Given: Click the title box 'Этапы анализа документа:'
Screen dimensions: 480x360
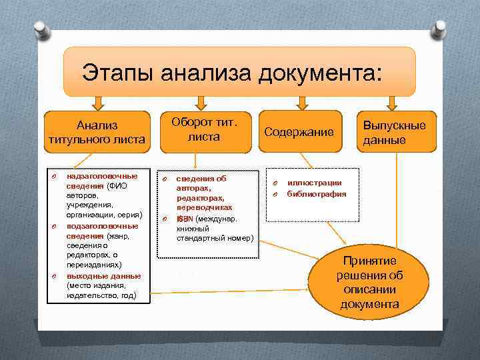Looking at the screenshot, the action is point(239,71).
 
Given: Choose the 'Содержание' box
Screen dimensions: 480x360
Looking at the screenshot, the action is point(299,132).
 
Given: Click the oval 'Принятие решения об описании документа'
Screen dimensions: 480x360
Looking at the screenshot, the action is point(369,283).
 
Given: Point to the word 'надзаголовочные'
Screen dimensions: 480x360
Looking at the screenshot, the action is point(102,177).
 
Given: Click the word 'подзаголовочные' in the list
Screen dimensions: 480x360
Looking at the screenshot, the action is point(102,226).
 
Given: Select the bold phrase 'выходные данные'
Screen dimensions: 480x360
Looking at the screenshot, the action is point(103,275).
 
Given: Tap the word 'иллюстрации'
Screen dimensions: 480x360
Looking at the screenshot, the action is point(314,183).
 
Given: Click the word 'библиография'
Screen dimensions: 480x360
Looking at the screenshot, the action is point(317,194).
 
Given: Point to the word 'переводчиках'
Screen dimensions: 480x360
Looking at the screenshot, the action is point(204,208).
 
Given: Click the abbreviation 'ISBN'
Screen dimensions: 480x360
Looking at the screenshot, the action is point(183,219).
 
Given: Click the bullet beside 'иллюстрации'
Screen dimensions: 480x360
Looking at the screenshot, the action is point(274,183).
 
